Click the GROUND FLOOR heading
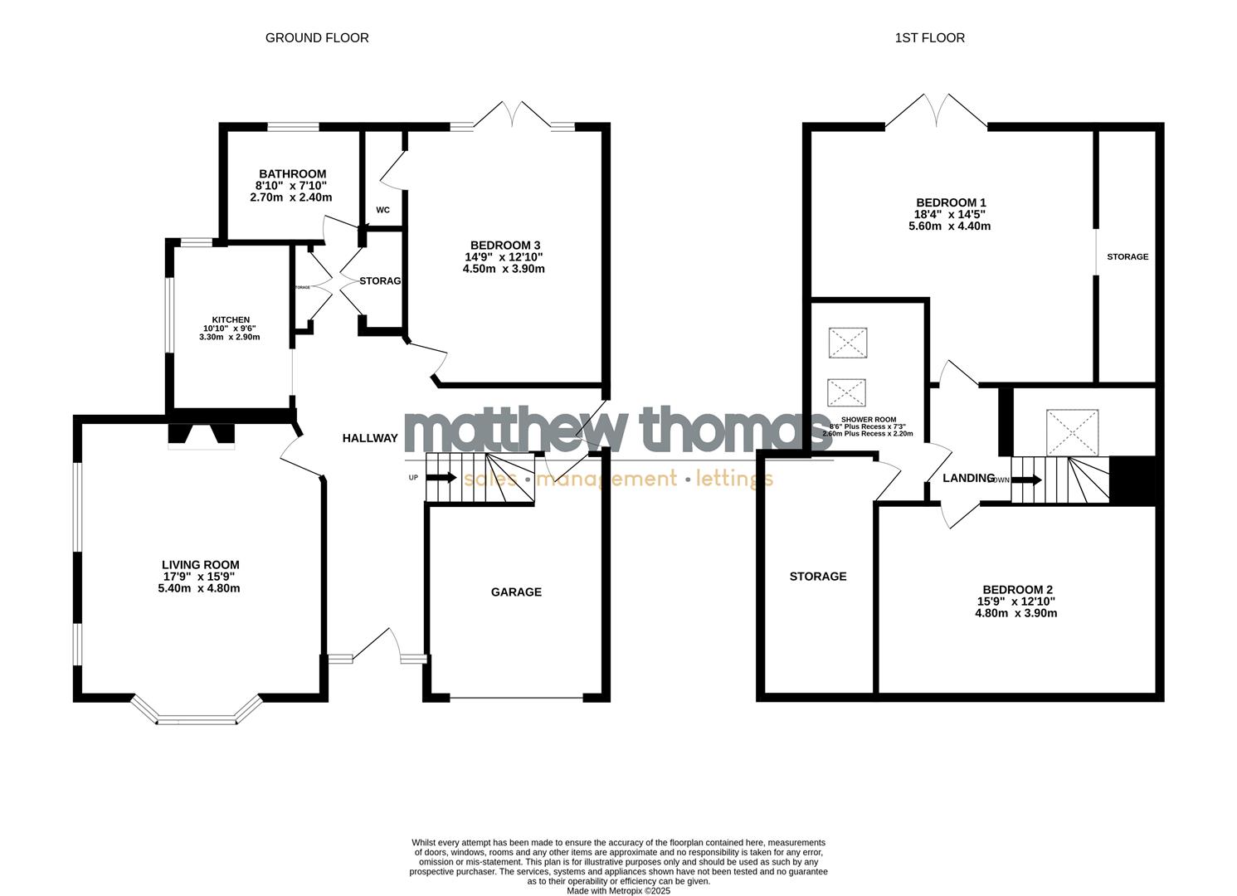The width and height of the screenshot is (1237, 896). coord(317,37)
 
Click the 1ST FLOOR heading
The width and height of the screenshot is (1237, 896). coord(929,37)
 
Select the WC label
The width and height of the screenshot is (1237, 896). coord(382,210)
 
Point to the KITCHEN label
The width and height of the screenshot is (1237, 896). coord(231,319)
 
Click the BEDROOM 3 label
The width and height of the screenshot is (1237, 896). coord(505,246)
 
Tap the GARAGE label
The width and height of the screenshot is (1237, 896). coord(516,592)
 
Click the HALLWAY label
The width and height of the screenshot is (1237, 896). coord(370,438)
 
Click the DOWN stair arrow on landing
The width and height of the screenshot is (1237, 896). coord(1028,480)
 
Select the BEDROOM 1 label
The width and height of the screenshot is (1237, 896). coord(951,202)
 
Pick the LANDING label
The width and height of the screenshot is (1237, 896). coord(968,478)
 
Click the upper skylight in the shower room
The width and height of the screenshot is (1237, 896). coord(848,343)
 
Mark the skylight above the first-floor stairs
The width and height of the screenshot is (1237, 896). coord(1072,432)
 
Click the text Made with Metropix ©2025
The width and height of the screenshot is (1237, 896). coord(618,891)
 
